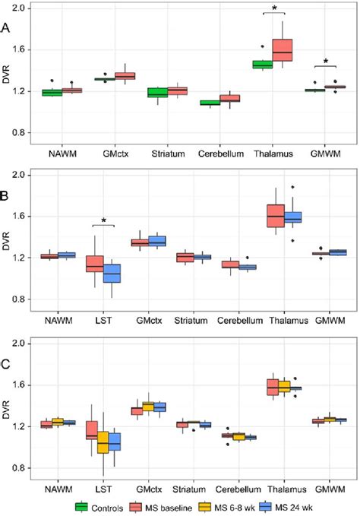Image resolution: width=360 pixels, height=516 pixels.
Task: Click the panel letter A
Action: [7, 28]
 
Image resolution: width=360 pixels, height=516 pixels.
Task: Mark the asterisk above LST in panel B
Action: [104, 222]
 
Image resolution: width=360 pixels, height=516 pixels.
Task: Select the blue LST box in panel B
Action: [113, 273]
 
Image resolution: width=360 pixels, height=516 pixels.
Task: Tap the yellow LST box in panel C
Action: [103, 442]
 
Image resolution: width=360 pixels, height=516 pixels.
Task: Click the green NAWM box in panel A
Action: [52, 93]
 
